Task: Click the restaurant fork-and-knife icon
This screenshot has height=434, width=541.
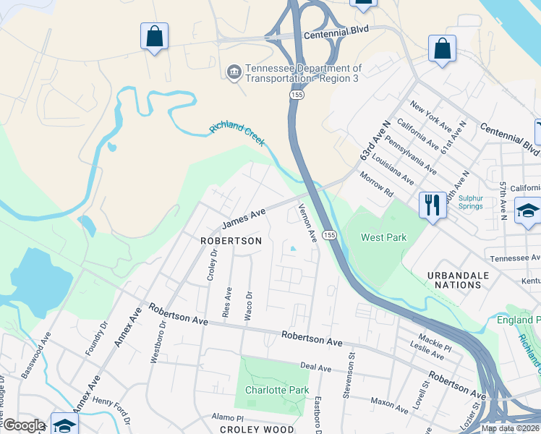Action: [433, 204]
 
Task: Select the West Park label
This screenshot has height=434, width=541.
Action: [384, 237]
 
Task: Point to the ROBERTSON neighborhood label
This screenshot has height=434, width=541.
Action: [231, 241]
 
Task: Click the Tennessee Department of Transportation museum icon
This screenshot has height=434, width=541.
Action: [234, 71]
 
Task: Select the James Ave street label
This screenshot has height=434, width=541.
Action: [244, 218]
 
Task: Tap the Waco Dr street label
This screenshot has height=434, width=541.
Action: [248, 305]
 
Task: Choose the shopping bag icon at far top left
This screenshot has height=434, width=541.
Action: [154, 36]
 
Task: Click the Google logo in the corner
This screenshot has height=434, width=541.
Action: [24, 425]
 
